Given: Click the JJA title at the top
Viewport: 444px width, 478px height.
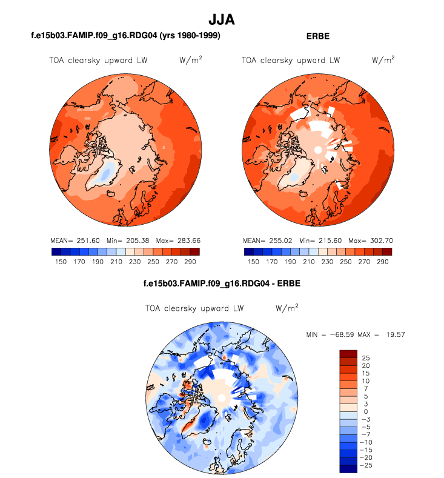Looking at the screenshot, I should (x=221, y=19).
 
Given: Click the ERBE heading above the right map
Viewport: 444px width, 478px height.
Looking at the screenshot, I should (x=318, y=36).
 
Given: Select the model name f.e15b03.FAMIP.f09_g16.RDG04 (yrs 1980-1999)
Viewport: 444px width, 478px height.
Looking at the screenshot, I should (x=125, y=36).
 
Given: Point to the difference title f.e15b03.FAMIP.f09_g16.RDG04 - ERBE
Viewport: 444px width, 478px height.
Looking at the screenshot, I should (x=222, y=283).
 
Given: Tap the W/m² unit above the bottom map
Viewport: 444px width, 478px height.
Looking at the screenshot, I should (x=287, y=308).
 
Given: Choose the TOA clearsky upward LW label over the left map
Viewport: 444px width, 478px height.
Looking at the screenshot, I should (x=98, y=60).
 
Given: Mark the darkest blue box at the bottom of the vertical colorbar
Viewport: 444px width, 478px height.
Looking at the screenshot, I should (x=349, y=468).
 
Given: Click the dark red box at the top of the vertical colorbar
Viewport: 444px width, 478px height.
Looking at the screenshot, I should (x=349, y=354).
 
